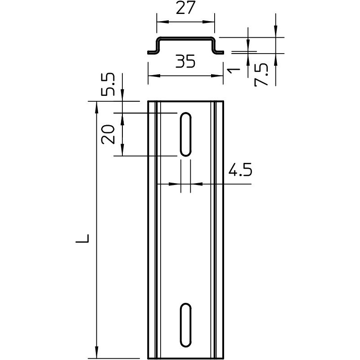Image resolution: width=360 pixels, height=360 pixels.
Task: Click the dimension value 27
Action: (x=185, y=9)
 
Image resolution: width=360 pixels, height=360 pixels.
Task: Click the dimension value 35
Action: (x=185, y=61)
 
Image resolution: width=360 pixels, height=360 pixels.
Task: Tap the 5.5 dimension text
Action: (x=108, y=85)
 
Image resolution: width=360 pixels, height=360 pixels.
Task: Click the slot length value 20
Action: (x=108, y=134)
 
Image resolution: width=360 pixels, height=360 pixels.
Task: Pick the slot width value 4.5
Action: (x=240, y=171)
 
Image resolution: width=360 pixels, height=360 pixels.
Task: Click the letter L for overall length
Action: (x=83, y=238)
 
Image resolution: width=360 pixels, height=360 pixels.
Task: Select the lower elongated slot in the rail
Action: (x=185, y=325)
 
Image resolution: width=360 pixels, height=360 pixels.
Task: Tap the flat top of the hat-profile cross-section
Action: (x=185, y=38)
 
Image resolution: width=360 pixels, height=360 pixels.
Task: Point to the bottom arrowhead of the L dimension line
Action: (x=96, y=355)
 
